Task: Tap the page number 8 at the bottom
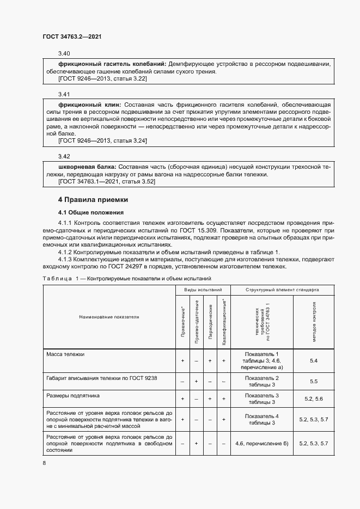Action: (44, 463)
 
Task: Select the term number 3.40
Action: (64, 53)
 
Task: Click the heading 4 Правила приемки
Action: (93, 200)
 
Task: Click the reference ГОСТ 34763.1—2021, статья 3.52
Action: (106, 181)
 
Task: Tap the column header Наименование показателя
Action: (108, 316)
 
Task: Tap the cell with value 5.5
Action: (313, 382)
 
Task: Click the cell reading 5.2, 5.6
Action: (313, 399)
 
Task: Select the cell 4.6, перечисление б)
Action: (262, 444)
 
